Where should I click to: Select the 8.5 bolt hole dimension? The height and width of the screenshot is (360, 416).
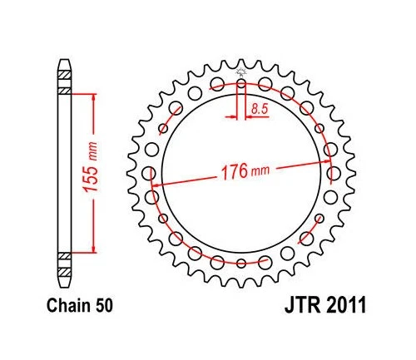pyautogui.click(x=260, y=106)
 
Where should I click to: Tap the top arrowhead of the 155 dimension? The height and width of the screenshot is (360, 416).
pyautogui.click(x=92, y=96)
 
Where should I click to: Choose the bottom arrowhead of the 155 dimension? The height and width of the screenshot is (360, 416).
pyautogui.click(x=92, y=251)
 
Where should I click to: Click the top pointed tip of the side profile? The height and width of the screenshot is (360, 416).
pyautogui.click(x=63, y=62)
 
